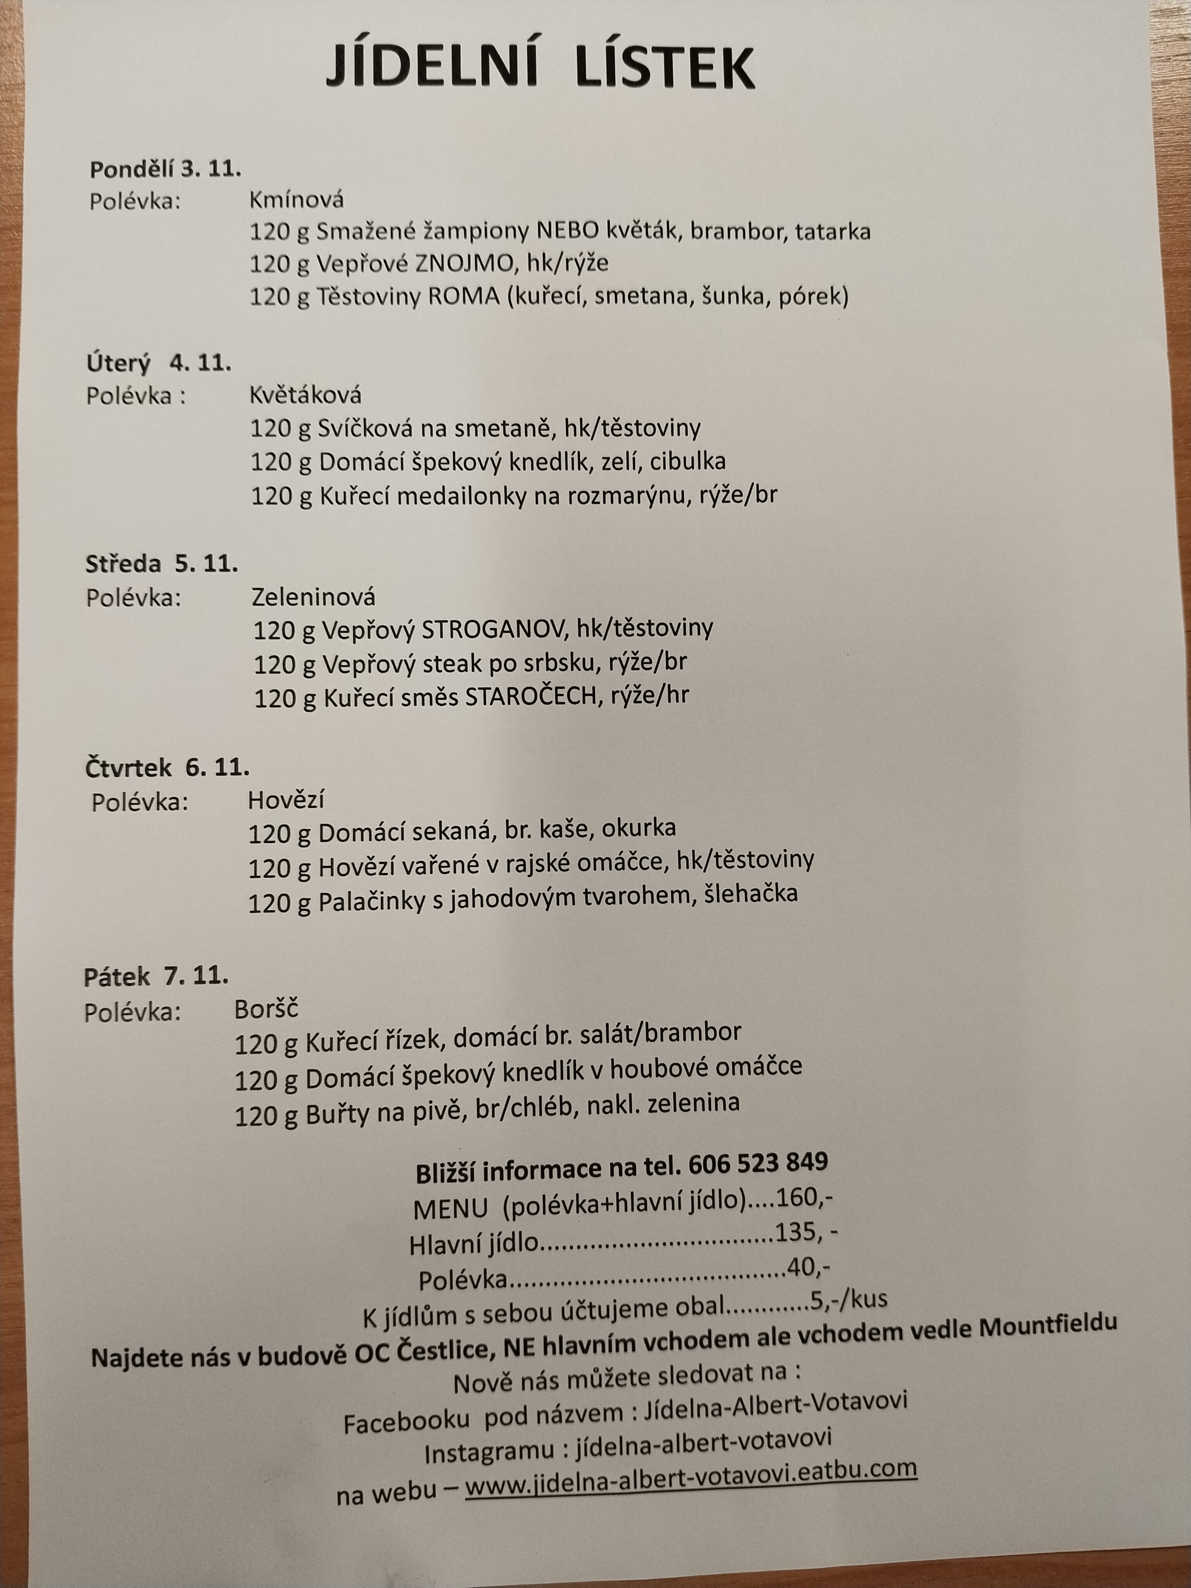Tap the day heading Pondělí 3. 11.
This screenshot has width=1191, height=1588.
coord(164,169)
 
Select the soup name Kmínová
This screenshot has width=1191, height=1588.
coord(297,200)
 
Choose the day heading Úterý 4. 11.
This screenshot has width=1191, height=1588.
coord(159,363)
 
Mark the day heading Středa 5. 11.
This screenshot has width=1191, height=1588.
coord(162,564)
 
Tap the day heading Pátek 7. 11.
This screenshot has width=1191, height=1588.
coord(156,976)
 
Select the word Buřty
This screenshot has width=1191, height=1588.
coord(336,1115)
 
